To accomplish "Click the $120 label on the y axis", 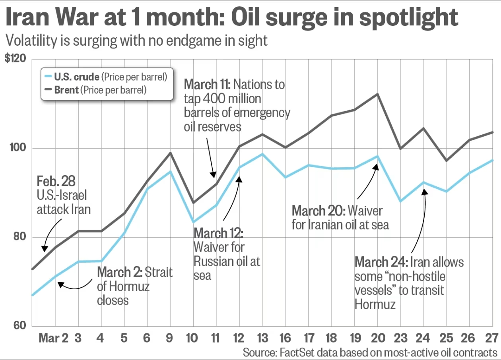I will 15,59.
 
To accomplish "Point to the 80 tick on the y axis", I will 19,237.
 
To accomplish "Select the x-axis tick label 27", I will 492,338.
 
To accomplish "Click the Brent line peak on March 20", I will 377,94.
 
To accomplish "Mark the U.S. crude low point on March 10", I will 193,222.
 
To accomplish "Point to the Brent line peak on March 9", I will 170,153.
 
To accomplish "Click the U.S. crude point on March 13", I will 262,154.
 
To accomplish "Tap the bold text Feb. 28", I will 56,181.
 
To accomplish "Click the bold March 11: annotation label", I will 207,85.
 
